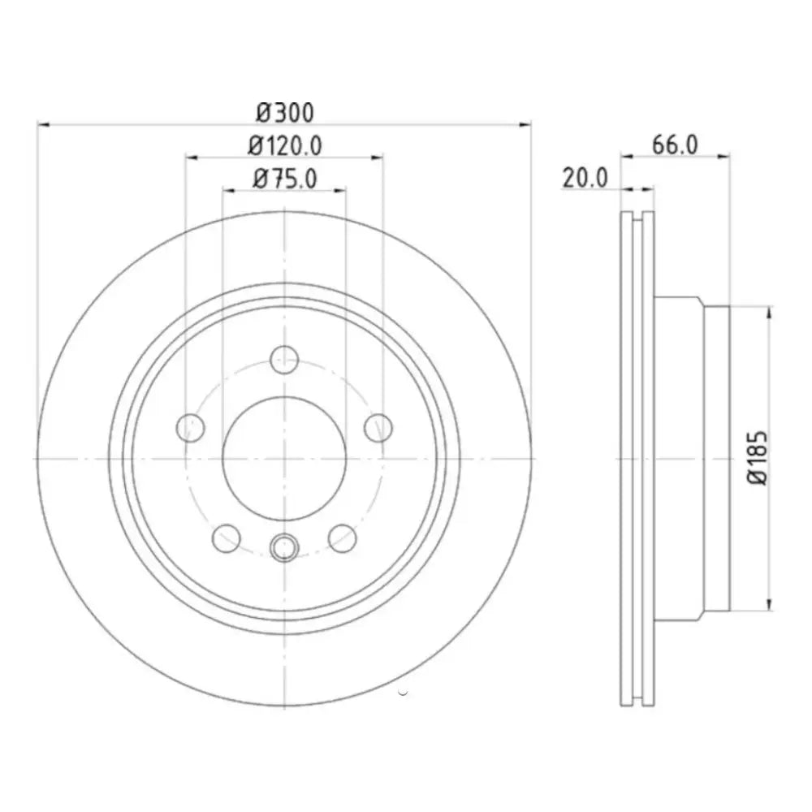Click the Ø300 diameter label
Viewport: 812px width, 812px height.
pyautogui.click(x=285, y=113)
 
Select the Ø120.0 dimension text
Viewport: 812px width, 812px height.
pyautogui.click(x=285, y=145)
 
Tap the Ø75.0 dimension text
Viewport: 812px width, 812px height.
pyautogui.click(x=285, y=179)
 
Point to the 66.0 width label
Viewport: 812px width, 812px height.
pyautogui.click(x=675, y=145)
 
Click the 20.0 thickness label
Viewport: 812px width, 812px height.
pyautogui.click(x=585, y=178)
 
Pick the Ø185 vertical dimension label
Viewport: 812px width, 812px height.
pyautogui.click(x=757, y=457)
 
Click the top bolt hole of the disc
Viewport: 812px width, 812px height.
pyautogui.click(x=284, y=360)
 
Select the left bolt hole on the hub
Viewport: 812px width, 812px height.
pyautogui.click(x=191, y=428)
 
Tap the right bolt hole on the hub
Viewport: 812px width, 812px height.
pyautogui.click(x=378, y=428)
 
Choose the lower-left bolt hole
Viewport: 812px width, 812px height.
pyautogui.click(x=227, y=538)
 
